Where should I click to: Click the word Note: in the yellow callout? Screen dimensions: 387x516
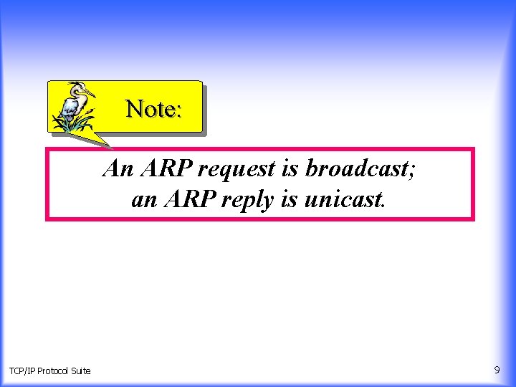coord(154,109)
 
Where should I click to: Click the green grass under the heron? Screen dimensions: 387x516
coord(72,125)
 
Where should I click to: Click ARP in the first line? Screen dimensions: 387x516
coord(166,168)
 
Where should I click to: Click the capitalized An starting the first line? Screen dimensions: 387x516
coord(118,168)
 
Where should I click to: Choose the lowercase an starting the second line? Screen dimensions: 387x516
coord(144,200)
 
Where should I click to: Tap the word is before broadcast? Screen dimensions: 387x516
coord(291,168)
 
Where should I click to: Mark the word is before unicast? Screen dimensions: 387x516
coord(288,199)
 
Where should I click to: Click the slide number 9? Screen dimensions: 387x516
coord(497,370)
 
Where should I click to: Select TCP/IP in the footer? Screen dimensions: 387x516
coord(22,371)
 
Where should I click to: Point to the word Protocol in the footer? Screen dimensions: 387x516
coord(54,371)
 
